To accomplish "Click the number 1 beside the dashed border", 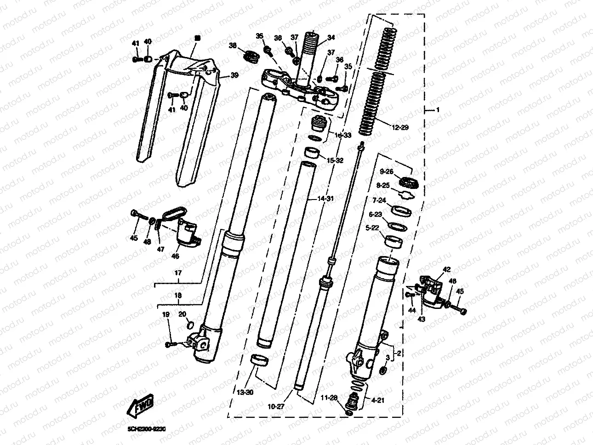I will click(x=438, y=110).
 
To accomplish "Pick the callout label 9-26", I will click(x=387, y=171).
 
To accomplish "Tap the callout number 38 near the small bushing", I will click(x=233, y=46).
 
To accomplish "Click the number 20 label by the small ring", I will click(x=182, y=314).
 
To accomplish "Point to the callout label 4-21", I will click(x=377, y=400).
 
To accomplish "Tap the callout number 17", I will click(x=178, y=273).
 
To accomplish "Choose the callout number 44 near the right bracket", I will click(x=411, y=311).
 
